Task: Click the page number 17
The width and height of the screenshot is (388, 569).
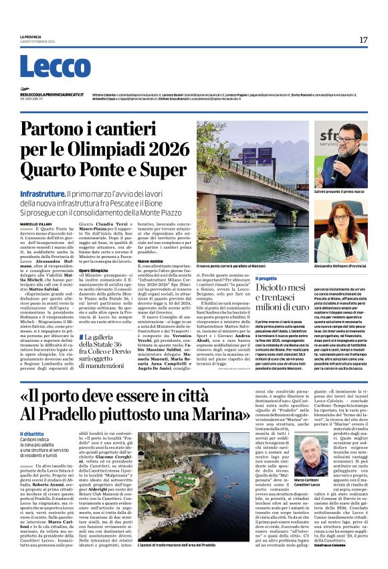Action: [x=363, y=40]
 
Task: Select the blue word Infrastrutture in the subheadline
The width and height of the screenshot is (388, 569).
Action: [x=41, y=193]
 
